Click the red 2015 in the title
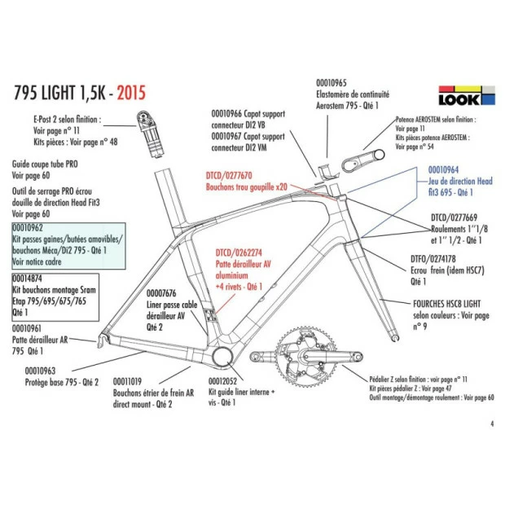coord(131,92)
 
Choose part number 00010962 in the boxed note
coord(29,228)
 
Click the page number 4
coord(492,424)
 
